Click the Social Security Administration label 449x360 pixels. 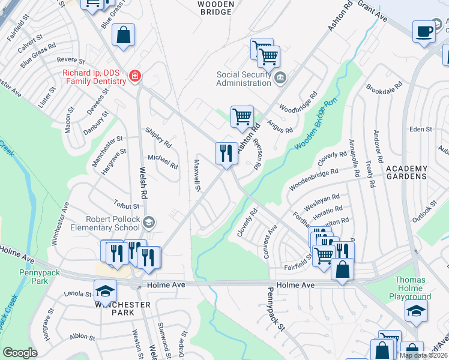pyautogui.click(x=244, y=79)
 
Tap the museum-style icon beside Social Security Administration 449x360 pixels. pyautogui.click(x=280, y=77)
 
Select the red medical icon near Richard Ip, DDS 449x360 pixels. pyautogui.click(x=135, y=76)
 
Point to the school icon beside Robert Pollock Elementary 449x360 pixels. pyautogui.click(x=148, y=223)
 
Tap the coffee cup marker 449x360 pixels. pyautogui.click(x=424, y=31)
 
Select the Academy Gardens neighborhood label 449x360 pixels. pyautogui.click(x=406, y=173)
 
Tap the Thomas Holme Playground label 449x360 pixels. pyautogui.click(x=413, y=288)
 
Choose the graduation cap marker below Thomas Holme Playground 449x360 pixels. pyautogui.click(x=416, y=311)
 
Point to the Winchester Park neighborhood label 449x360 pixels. pyautogui.click(x=122, y=308)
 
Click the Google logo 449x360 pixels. pyautogui.click(x=20, y=353)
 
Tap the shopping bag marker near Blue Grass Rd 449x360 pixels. pyautogui.click(x=123, y=35)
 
